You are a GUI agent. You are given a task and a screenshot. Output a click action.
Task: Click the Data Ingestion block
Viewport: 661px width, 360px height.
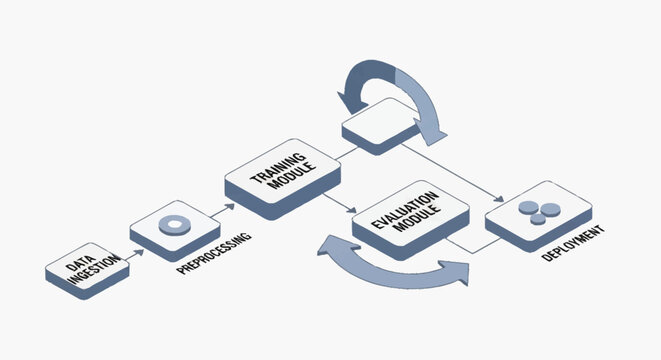coord(88,271)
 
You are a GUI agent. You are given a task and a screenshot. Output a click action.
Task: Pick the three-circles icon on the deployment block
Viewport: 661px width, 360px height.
coord(537,211)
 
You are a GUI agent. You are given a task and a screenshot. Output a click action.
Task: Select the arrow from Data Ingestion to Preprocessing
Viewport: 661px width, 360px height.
coord(136,252)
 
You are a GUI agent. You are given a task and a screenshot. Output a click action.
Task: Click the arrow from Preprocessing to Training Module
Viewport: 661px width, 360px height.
coord(228,206)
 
